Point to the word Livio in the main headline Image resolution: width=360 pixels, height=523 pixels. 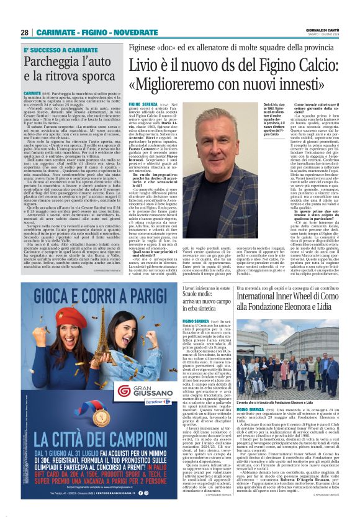click(x=146, y=65)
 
